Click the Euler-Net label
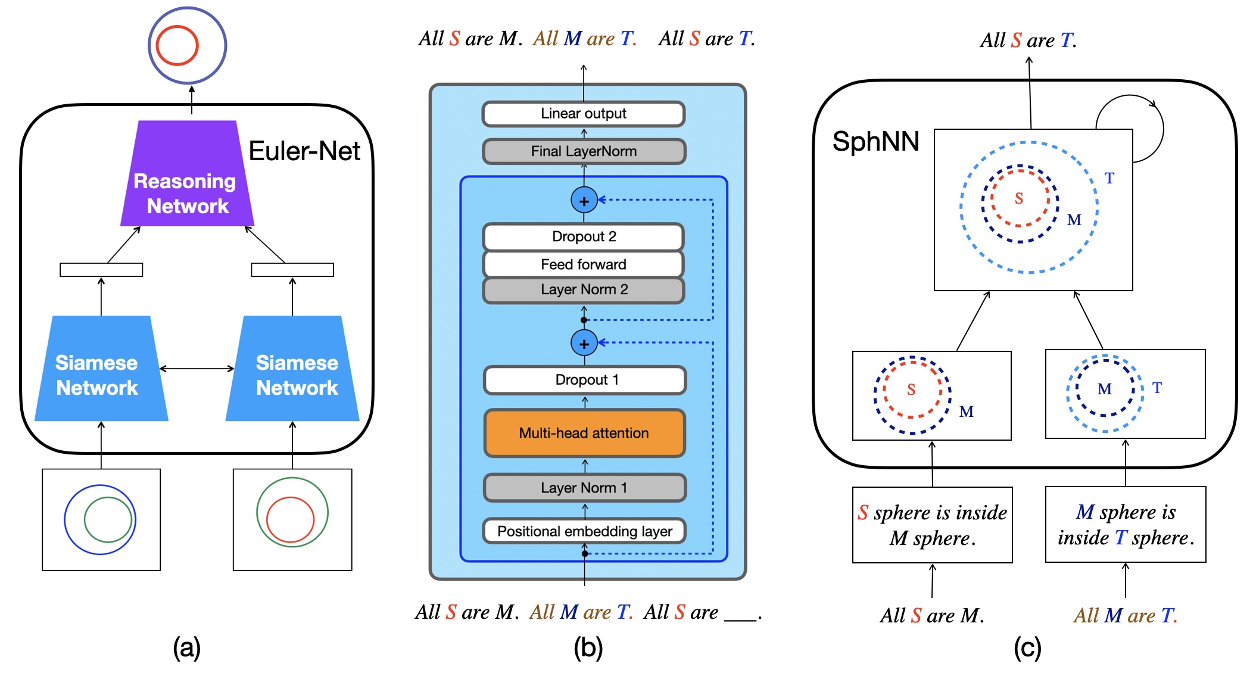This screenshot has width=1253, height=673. (x=304, y=151)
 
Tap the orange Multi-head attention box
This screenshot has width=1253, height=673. (x=584, y=433)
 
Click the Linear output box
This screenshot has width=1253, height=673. (x=584, y=114)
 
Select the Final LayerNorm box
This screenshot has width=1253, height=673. (x=584, y=151)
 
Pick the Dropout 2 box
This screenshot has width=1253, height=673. (x=584, y=236)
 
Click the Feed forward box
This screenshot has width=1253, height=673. (x=584, y=264)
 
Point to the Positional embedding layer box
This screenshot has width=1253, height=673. (x=584, y=531)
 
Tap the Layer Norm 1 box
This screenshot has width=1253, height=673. (x=584, y=488)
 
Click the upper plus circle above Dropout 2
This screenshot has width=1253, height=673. (x=584, y=201)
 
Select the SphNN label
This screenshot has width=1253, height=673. (x=875, y=142)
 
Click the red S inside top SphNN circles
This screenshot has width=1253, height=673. (x=1019, y=198)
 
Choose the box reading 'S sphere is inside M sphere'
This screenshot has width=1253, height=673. (x=932, y=525)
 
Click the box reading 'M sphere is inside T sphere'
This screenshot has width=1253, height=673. (x=1126, y=525)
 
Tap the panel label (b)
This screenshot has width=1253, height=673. (x=588, y=648)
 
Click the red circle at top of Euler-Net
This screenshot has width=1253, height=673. (x=177, y=45)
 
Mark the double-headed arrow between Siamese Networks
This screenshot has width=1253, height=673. (x=197, y=369)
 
